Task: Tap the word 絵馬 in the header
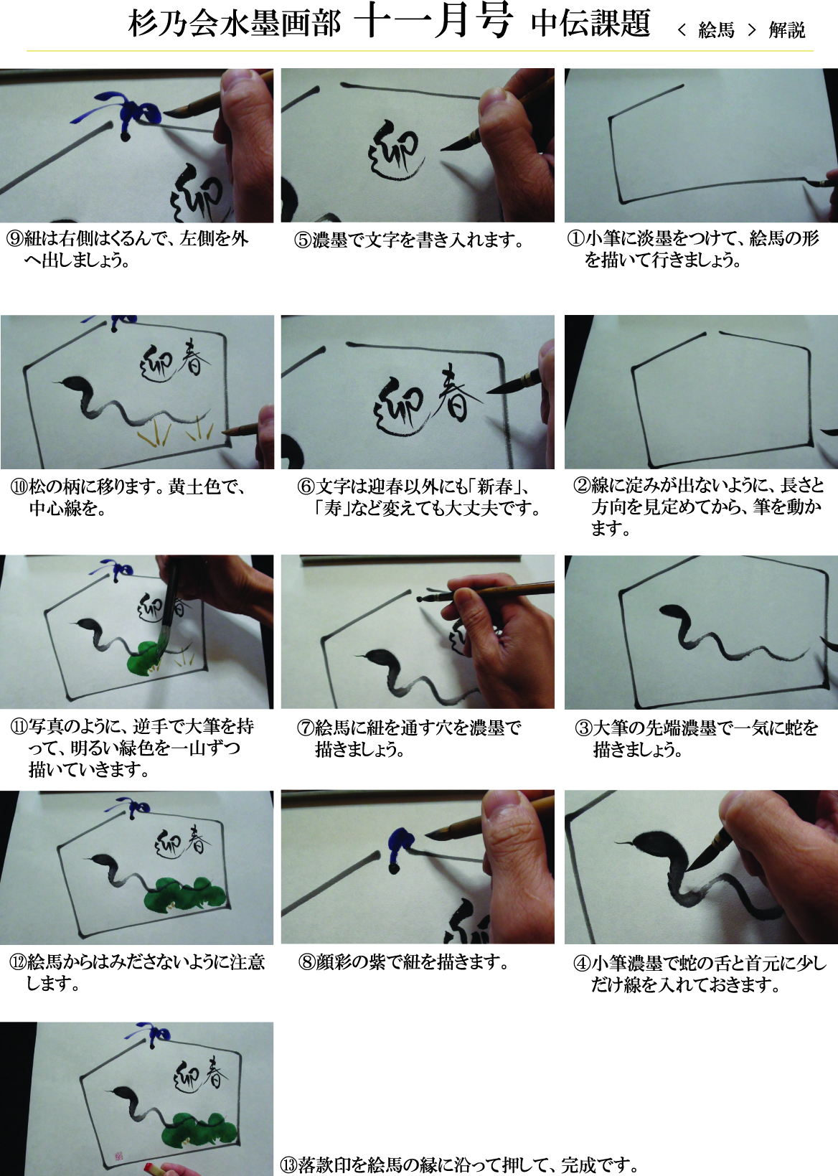point(715,30)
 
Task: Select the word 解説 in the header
point(786,30)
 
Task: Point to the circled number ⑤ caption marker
point(303,240)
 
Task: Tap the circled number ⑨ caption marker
point(14,239)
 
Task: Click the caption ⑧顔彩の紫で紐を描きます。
point(403,961)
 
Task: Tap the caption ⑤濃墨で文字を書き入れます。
point(410,240)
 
